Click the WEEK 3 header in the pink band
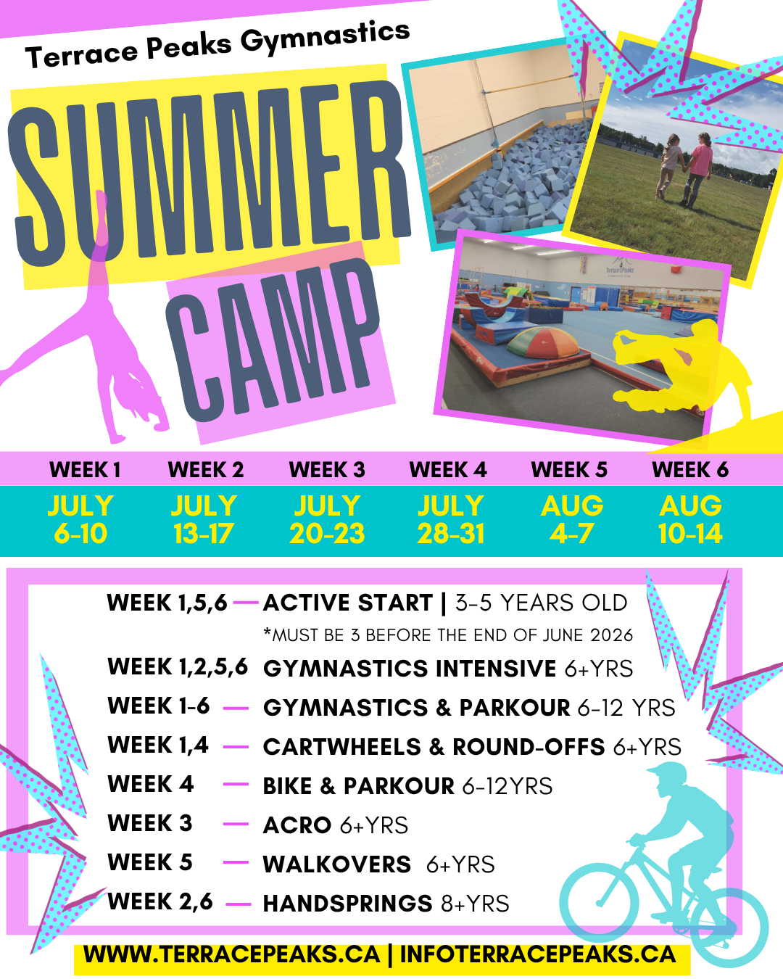[327, 469]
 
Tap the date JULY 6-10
[80, 519]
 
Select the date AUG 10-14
[690, 519]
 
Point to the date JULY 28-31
[450, 519]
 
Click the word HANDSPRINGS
[347, 904]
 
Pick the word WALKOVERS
[336, 864]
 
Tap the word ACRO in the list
[297, 825]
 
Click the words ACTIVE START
[348, 603]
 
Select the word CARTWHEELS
[341, 747]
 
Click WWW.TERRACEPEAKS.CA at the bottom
[231, 954]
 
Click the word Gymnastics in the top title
[326, 37]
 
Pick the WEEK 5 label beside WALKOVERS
[150, 862]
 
